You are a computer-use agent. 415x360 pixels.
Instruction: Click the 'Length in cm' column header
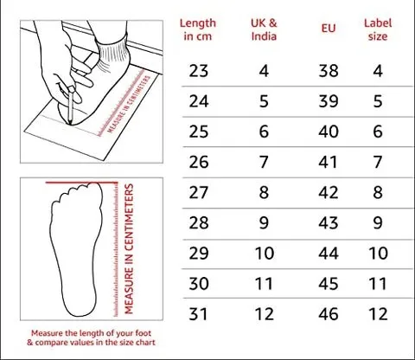[200, 29]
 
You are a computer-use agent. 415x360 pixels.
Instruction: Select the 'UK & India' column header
[263, 29]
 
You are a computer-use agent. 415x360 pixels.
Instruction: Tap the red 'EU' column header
[328, 29]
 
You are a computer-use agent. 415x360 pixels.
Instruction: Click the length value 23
[199, 71]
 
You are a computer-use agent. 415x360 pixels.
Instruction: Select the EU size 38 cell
[329, 71]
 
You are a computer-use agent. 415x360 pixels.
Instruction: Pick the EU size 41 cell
[329, 161]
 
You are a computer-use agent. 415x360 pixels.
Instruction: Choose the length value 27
[199, 191]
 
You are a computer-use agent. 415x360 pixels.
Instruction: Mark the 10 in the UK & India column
[263, 252]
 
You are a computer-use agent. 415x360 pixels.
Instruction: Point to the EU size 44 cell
[329, 252]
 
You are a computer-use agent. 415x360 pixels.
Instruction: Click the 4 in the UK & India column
[263, 71]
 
